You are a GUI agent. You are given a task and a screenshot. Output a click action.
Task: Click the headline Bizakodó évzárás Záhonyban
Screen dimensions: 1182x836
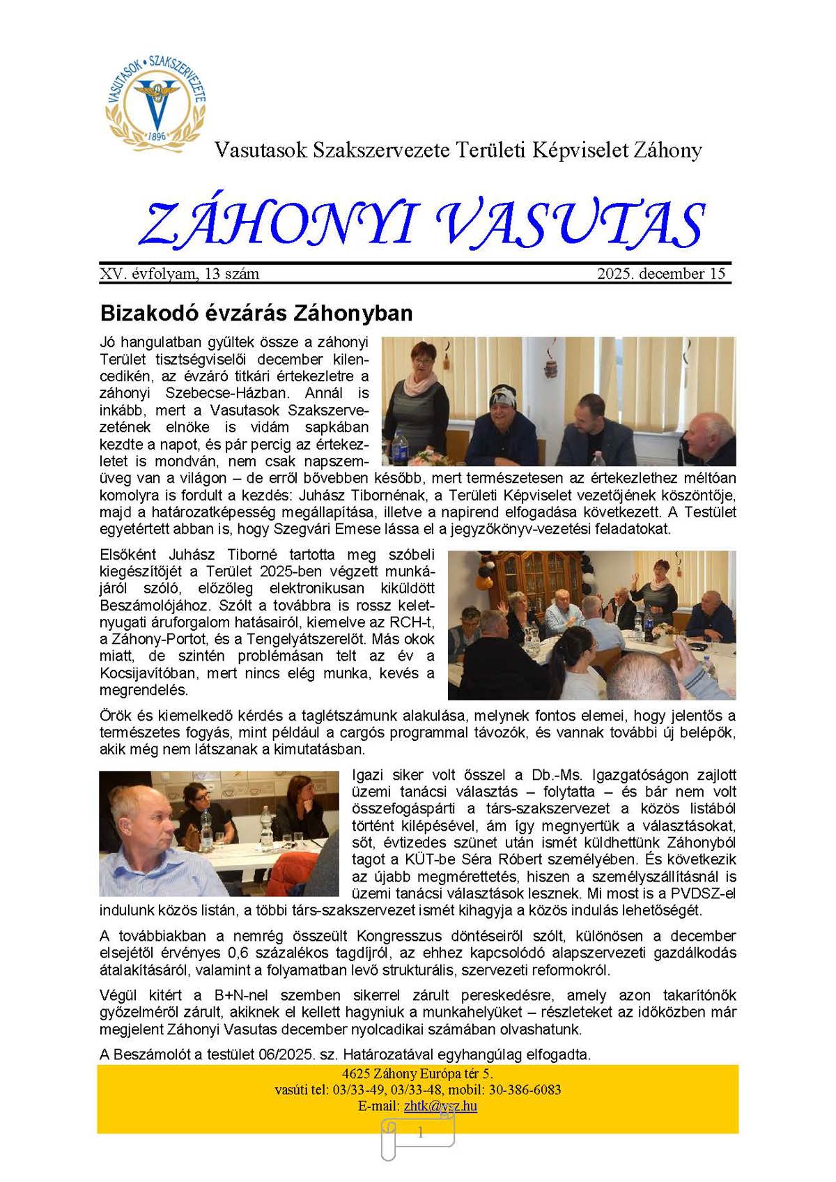click(256, 313)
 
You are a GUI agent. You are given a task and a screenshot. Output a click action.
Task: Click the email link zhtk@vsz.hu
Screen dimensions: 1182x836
click(440, 1106)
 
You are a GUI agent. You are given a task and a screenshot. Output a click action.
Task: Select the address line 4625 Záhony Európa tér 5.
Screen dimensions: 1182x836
click(417, 1074)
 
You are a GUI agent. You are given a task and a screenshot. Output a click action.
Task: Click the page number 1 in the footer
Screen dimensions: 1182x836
click(420, 1133)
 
